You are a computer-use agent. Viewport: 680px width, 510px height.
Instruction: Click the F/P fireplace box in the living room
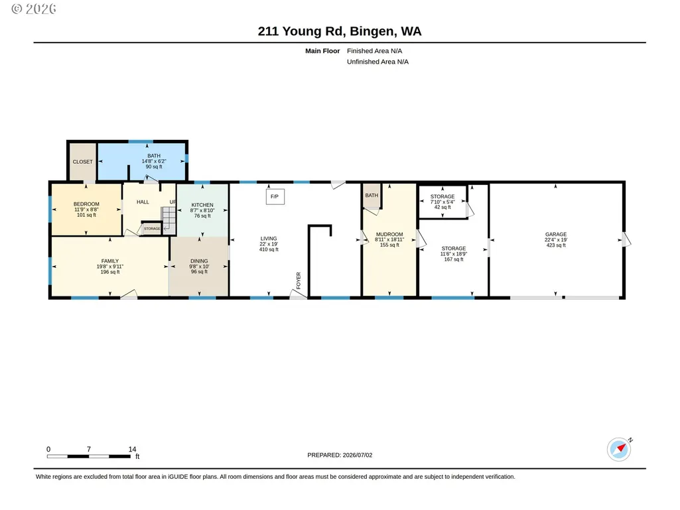[275, 196]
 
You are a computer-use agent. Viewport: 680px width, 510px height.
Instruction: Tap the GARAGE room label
[556, 234]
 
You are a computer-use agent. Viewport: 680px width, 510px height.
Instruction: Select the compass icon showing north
[619, 449]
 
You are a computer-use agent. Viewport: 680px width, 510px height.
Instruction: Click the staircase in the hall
[169, 221]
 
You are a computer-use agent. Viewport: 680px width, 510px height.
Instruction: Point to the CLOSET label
[82, 162]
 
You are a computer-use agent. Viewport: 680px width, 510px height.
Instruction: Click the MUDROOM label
[389, 234]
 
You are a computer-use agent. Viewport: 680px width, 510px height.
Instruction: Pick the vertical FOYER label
[299, 281]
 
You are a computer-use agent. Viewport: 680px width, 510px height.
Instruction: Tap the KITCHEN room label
[202, 205]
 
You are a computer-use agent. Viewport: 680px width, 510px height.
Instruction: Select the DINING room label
[199, 261]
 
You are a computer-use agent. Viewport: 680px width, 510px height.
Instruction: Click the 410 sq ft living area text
[269, 249]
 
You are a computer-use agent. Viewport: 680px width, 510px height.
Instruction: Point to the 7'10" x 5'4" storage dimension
[442, 202]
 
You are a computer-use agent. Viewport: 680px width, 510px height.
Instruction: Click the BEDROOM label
[86, 204]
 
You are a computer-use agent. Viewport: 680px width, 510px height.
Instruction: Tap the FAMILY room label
[110, 261]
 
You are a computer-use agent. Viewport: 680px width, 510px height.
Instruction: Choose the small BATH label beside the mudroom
[372, 196]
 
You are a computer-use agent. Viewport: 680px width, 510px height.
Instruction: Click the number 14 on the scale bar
[132, 449]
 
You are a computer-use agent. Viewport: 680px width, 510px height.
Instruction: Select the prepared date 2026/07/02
[358, 455]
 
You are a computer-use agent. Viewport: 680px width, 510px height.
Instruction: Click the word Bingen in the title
[372, 31]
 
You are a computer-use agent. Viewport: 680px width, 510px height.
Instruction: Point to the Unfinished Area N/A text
[377, 62]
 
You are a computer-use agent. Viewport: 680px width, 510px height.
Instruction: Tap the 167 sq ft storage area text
[454, 259]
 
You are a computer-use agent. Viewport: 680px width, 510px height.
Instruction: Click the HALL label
[143, 202]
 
